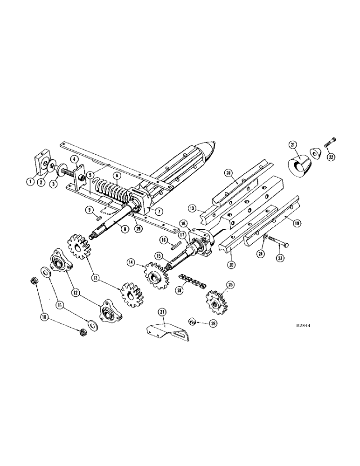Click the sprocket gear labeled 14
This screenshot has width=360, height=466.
pyautogui.click(x=156, y=273)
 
